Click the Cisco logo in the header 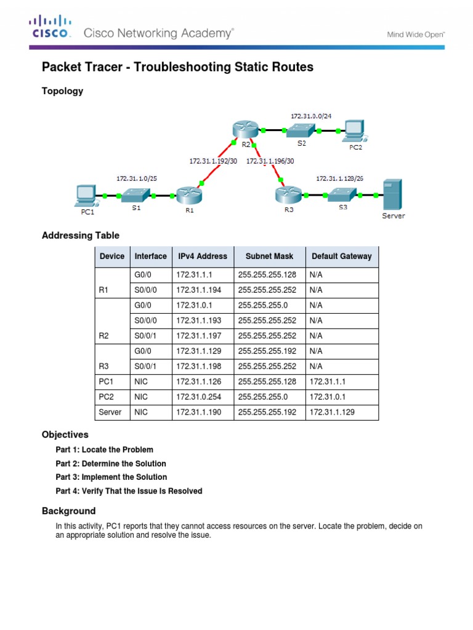pyautogui.click(x=51, y=28)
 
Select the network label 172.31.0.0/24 pyautogui.click(x=312, y=115)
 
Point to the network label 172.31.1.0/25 pyautogui.click(x=135, y=178)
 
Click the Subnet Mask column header pyautogui.click(x=270, y=256)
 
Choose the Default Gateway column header pyautogui.click(x=341, y=256)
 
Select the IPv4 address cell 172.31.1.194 pyautogui.click(x=194, y=290)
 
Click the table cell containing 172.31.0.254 pyautogui.click(x=194, y=397)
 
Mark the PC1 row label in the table pyautogui.click(x=106, y=382)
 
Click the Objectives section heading pyautogui.click(x=65, y=434)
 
